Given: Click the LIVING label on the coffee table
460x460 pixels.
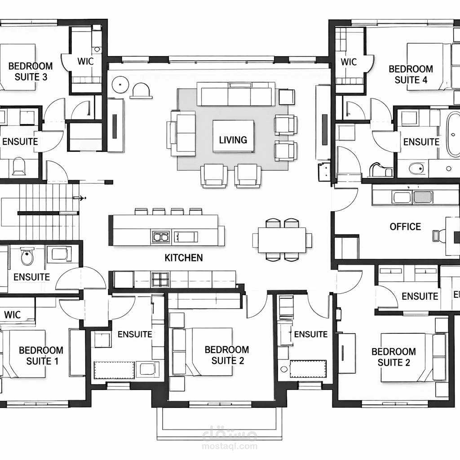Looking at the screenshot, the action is pos(233,140).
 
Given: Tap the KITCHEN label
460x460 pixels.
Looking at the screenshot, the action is pos(184,257).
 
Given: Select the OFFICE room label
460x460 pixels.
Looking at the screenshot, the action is pos(405,226).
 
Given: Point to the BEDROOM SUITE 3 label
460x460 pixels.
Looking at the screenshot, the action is pos(31,71).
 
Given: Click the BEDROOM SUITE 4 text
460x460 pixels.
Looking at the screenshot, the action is pos(411,74).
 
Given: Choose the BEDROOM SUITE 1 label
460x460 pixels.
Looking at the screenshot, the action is pos(41,356).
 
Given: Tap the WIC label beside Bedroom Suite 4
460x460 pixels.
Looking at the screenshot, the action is pos(349,62).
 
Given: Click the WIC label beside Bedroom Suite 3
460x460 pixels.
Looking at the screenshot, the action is pos(85,61).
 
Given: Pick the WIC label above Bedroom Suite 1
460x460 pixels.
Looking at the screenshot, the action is pos(12,315).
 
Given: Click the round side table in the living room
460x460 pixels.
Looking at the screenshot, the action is pos(120,84).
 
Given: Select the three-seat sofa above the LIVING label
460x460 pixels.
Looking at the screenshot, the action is pos(236,93).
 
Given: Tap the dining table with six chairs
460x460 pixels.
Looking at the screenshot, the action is pos(282,240).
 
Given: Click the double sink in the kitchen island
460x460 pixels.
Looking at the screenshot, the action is pos(160,236).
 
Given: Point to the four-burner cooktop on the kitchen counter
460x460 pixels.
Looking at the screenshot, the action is pos(160,279).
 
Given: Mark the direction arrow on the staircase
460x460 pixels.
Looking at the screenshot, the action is pos(80,198).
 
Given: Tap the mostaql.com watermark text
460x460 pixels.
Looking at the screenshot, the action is pos(230,447).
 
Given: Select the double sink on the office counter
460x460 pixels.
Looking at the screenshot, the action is pos(413,198).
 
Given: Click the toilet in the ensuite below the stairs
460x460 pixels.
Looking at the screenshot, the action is pos(27,256).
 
